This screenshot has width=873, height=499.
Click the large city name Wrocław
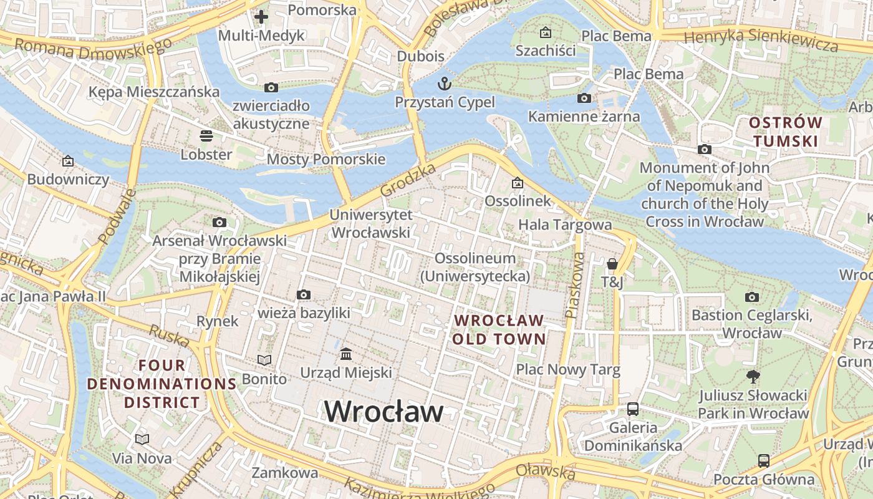pos(383,412)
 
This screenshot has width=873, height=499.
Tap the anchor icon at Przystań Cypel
pos(445,83)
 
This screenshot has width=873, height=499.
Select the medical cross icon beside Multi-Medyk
pos(261,17)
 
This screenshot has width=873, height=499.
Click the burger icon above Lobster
pos(206,135)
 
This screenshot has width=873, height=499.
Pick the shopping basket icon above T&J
pos(612,264)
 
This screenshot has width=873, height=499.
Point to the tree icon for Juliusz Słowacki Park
pos(753,376)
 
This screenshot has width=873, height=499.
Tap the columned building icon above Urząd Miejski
pos(346,354)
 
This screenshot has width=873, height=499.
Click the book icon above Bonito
pos(264,360)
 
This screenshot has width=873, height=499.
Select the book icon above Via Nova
pos(142,440)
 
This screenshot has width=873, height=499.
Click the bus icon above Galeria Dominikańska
pos(633,409)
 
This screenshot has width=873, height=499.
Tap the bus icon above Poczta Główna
pos(764,461)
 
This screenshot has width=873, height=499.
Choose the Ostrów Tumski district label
pos(785,132)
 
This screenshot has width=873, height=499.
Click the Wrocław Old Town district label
pos(499,330)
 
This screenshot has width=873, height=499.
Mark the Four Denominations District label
pos(162,384)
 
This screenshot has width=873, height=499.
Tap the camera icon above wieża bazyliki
pos(304,294)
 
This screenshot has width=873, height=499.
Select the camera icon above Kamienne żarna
pos(584,98)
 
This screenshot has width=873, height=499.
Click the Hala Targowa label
pos(565,225)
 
